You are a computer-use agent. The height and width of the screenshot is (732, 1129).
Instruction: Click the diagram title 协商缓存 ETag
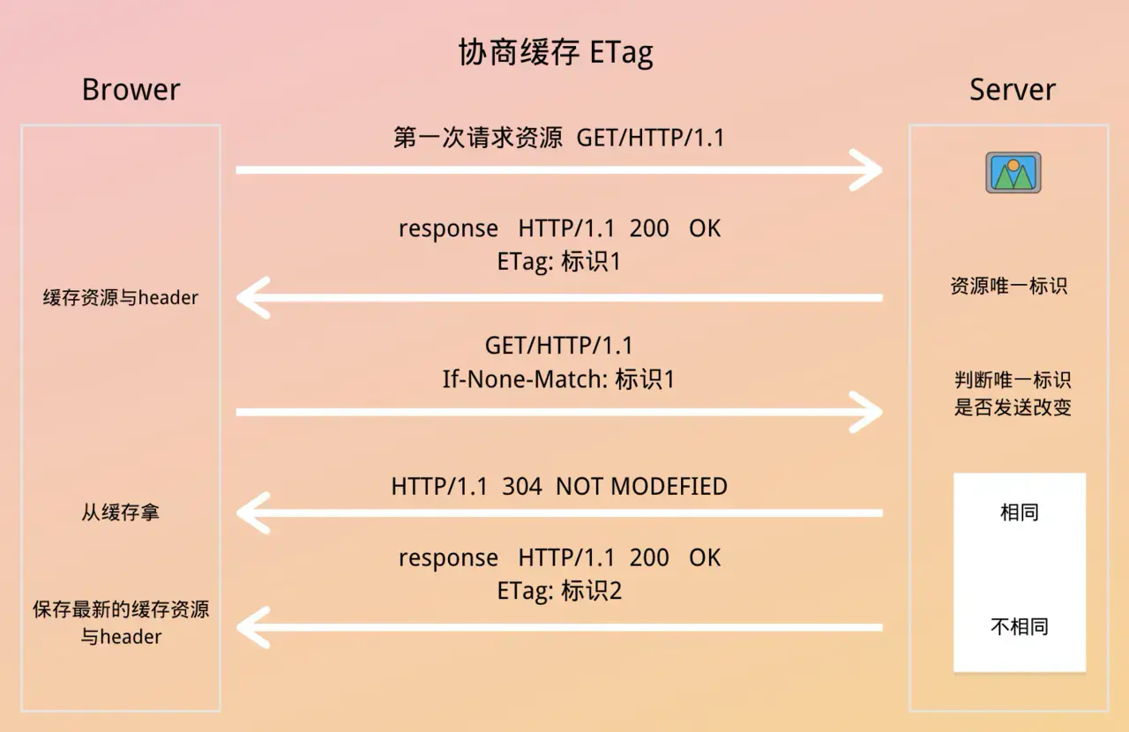556,52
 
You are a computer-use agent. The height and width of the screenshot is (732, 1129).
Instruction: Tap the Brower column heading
131,90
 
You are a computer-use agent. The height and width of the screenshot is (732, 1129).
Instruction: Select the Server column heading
1013,90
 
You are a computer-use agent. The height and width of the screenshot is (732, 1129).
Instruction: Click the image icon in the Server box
1013,172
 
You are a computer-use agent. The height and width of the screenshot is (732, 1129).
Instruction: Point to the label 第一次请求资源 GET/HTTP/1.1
559,138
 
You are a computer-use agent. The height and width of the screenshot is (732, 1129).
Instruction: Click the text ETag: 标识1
559,262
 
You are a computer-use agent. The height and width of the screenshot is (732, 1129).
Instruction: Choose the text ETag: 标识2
559,591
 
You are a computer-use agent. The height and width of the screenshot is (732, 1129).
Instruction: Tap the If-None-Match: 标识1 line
558,379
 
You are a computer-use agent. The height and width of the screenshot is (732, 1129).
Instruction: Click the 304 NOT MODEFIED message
559,487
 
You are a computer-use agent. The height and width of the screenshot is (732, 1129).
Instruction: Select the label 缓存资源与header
121,297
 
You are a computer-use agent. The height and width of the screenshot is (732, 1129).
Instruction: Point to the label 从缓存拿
121,512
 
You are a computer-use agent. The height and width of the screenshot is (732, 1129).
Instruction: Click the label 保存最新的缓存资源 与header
121,624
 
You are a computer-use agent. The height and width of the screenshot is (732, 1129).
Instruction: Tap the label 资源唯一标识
1009,286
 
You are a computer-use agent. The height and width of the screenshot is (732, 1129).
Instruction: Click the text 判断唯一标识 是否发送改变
1013,393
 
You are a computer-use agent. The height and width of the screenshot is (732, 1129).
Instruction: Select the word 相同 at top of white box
1020,512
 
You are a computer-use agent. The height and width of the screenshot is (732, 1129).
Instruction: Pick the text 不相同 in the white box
1020,627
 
